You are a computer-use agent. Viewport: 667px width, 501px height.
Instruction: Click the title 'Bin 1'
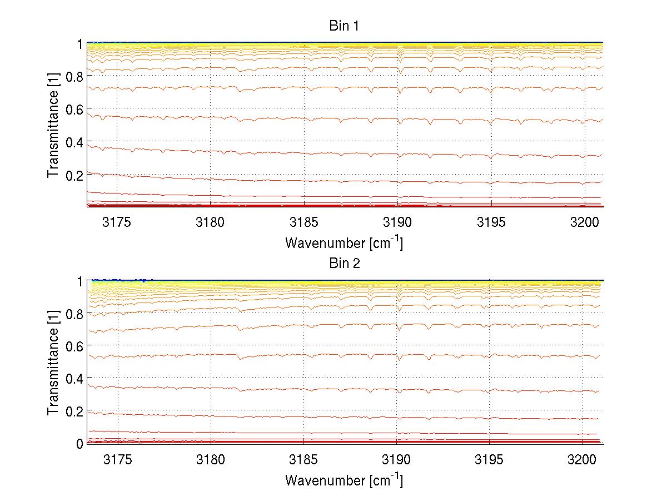click(344, 26)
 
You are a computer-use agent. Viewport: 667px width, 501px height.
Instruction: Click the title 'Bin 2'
click(344, 264)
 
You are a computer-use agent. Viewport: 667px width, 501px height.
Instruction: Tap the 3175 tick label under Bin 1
click(117, 222)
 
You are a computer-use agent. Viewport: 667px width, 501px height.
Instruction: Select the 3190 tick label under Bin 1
click(397, 222)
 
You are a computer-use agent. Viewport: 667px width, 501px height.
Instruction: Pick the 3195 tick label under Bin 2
click(489, 460)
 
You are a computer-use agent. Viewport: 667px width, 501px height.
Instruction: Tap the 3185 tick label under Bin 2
click(304, 460)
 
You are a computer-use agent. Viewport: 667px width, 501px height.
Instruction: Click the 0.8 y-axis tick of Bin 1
click(74, 76)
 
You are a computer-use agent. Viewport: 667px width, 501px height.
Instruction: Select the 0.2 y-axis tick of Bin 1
click(74, 175)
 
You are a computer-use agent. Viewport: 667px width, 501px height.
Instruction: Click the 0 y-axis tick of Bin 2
click(79, 444)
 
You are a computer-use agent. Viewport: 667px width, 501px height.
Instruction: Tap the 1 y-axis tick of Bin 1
click(80, 43)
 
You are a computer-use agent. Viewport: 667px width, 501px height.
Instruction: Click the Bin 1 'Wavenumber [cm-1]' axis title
click(344, 242)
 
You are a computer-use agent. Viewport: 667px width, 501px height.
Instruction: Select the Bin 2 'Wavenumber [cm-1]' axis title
click(344, 479)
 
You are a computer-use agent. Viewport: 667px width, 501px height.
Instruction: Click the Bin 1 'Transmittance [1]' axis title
click(53, 125)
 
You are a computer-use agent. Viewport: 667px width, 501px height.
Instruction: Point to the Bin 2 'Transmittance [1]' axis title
click(53, 363)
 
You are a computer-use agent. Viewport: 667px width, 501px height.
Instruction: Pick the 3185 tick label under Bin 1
click(304, 222)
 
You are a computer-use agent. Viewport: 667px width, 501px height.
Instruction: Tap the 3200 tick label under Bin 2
click(582, 460)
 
